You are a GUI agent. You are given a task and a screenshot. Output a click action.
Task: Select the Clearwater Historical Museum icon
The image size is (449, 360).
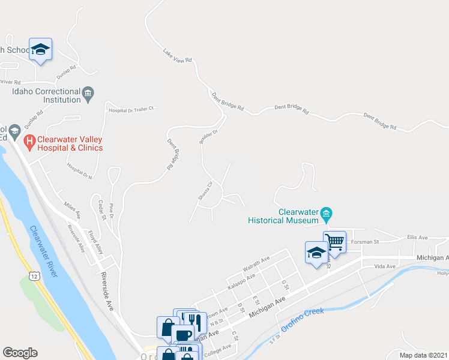point(326,213)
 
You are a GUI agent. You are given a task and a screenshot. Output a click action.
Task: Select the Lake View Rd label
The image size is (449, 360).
point(177,56)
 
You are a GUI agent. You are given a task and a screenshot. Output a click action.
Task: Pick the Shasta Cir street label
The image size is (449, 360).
point(205,191)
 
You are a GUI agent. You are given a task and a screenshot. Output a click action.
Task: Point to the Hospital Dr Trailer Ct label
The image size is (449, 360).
point(131,110)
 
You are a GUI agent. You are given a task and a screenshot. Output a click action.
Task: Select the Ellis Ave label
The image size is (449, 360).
point(417,238)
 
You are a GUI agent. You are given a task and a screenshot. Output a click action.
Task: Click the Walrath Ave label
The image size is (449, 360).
point(256,264)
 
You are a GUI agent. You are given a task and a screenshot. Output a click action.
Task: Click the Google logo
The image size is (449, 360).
point(20,353)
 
